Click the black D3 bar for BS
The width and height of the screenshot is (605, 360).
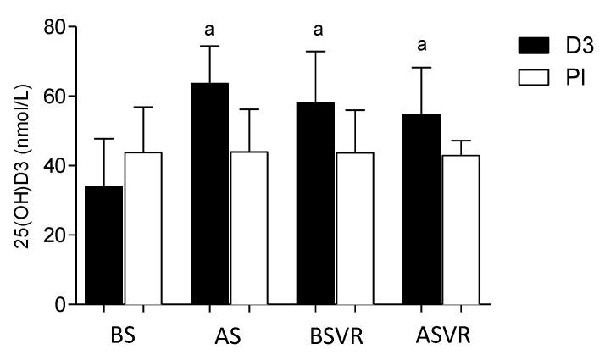point(103,245)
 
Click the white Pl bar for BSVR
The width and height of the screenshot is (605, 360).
point(355,228)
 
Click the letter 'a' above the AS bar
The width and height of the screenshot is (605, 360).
point(209,30)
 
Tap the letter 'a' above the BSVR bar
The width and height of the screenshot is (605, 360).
point(319,30)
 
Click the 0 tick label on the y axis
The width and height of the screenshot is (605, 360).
point(59,304)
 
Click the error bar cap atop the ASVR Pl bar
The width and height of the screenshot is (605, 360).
point(461,141)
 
